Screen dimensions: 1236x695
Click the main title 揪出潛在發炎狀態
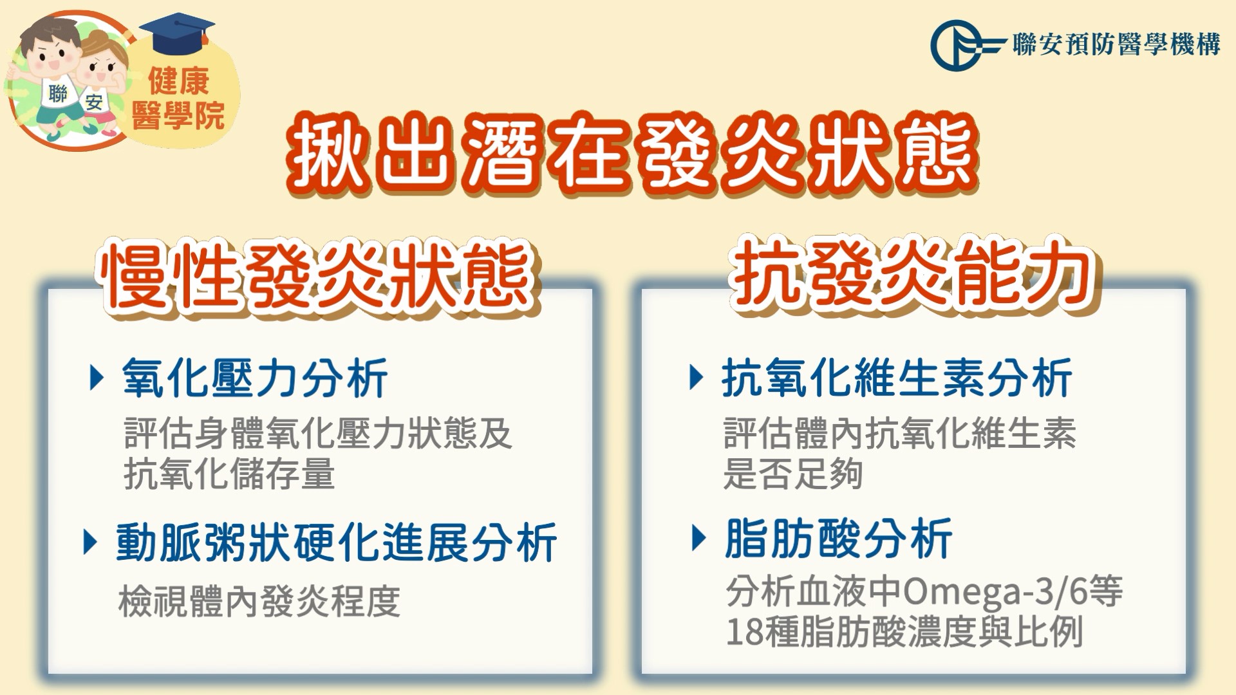(x=632, y=154)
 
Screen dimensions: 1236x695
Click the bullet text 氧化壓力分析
(x=255, y=378)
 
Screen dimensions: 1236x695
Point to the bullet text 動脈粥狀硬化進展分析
(x=336, y=542)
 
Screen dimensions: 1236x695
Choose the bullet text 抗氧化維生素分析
(x=897, y=378)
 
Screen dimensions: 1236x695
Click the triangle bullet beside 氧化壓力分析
(x=97, y=378)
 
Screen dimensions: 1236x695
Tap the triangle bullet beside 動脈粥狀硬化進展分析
(x=91, y=542)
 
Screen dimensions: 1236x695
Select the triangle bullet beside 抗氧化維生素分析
(x=696, y=377)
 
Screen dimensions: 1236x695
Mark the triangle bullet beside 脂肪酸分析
(x=699, y=538)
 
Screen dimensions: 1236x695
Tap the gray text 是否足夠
(x=793, y=474)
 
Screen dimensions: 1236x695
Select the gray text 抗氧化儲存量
(x=229, y=474)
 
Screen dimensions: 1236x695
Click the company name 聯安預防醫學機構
(x=1116, y=44)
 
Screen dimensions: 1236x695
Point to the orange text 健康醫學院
(x=178, y=98)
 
